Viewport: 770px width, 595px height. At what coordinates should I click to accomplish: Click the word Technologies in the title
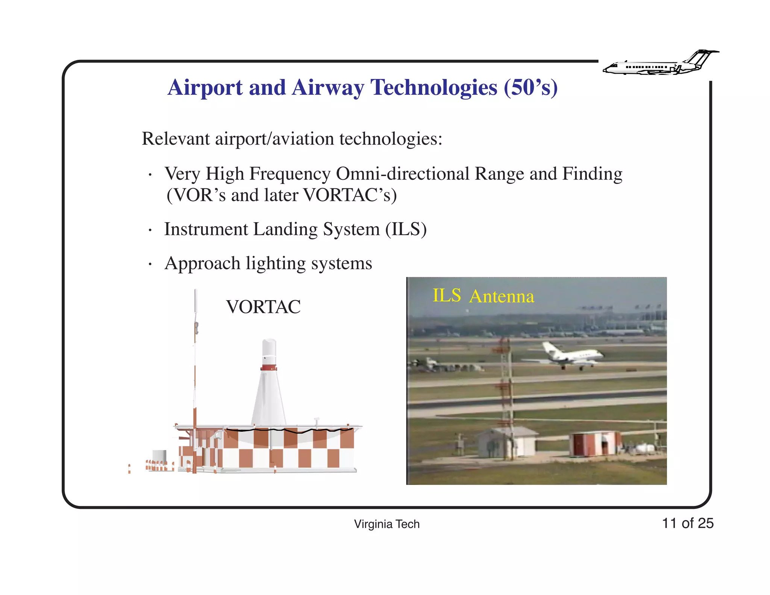pyautogui.click(x=434, y=88)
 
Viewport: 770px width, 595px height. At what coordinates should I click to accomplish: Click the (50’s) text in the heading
pyautogui.click(x=531, y=88)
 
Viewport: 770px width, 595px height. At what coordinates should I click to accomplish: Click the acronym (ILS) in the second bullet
pyautogui.click(x=406, y=229)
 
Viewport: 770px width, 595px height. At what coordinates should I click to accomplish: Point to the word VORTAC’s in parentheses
pyautogui.click(x=350, y=196)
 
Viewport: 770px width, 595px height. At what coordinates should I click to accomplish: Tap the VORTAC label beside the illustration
pyautogui.click(x=263, y=307)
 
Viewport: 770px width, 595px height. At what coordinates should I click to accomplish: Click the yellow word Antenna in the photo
pyautogui.click(x=502, y=296)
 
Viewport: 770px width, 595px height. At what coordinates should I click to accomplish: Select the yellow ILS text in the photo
pyautogui.click(x=446, y=296)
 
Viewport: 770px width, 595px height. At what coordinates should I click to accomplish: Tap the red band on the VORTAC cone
pyautogui.click(x=268, y=368)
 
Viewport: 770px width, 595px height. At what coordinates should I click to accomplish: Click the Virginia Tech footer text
pyautogui.click(x=387, y=524)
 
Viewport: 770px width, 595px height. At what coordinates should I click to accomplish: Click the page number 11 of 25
pyautogui.click(x=687, y=523)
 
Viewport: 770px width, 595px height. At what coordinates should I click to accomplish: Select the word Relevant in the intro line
pyautogui.click(x=176, y=139)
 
